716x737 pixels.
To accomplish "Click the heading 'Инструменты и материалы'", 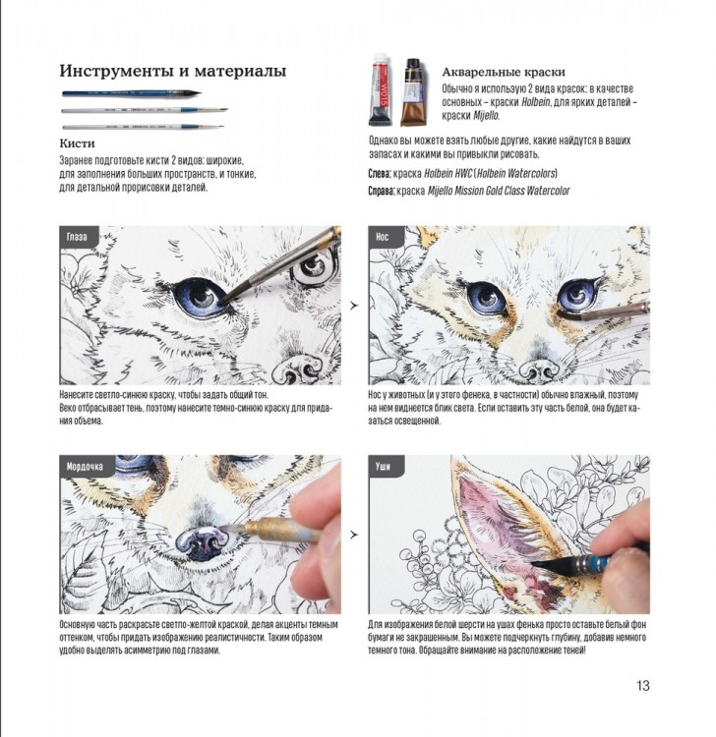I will (173, 71).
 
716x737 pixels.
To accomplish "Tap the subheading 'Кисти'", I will (77, 143).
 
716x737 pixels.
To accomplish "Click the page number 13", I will (643, 685).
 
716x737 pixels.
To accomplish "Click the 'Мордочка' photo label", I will (87, 466).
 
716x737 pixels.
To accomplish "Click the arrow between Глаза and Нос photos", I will (353, 307).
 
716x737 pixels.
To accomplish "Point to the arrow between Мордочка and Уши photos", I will (353, 536).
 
